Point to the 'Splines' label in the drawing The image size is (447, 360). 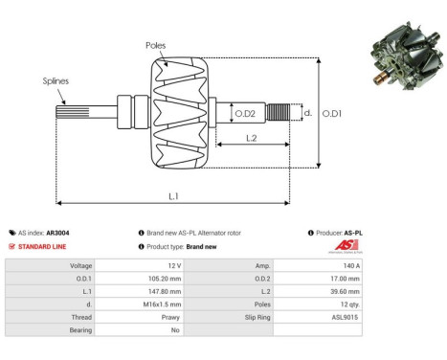[x=56, y=81]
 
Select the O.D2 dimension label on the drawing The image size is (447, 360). [x=245, y=114]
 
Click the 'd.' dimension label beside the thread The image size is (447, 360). [x=306, y=113]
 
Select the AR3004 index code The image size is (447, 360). [x=56, y=233]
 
